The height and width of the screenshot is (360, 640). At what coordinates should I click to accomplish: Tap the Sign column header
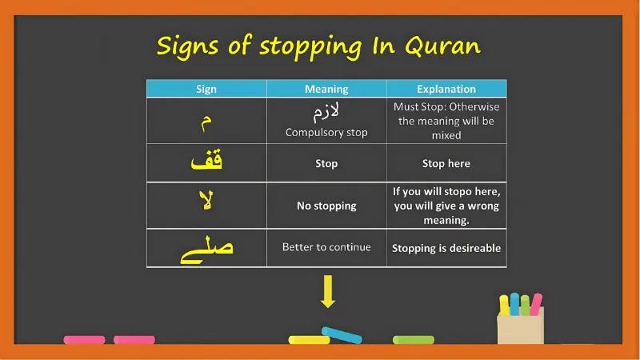click(x=206, y=89)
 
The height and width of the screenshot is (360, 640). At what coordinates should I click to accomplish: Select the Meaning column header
click(x=326, y=89)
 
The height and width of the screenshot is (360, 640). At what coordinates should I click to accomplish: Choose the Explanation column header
click(x=446, y=89)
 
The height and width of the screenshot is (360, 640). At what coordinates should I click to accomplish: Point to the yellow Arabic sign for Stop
click(x=206, y=162)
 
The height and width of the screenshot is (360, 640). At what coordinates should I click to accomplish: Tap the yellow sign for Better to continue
click(x=206, y=249)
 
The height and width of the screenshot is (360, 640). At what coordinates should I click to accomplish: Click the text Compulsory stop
click(x=326, y=133)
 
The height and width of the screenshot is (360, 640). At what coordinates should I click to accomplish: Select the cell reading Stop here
click(x=446, y=163)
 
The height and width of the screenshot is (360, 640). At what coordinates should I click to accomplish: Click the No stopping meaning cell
click(x=326, y=206)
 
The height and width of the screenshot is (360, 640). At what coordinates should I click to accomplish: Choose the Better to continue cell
click(x=326, y=247)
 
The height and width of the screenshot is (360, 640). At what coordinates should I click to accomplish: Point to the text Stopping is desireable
click(x=446, y=248)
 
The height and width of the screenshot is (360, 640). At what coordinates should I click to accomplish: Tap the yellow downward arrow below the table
click(x=327, y=292)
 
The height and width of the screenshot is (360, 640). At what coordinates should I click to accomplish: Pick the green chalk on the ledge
click(x=413, y=340)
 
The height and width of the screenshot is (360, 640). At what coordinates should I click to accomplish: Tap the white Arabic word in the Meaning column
click(x=326, y=112)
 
